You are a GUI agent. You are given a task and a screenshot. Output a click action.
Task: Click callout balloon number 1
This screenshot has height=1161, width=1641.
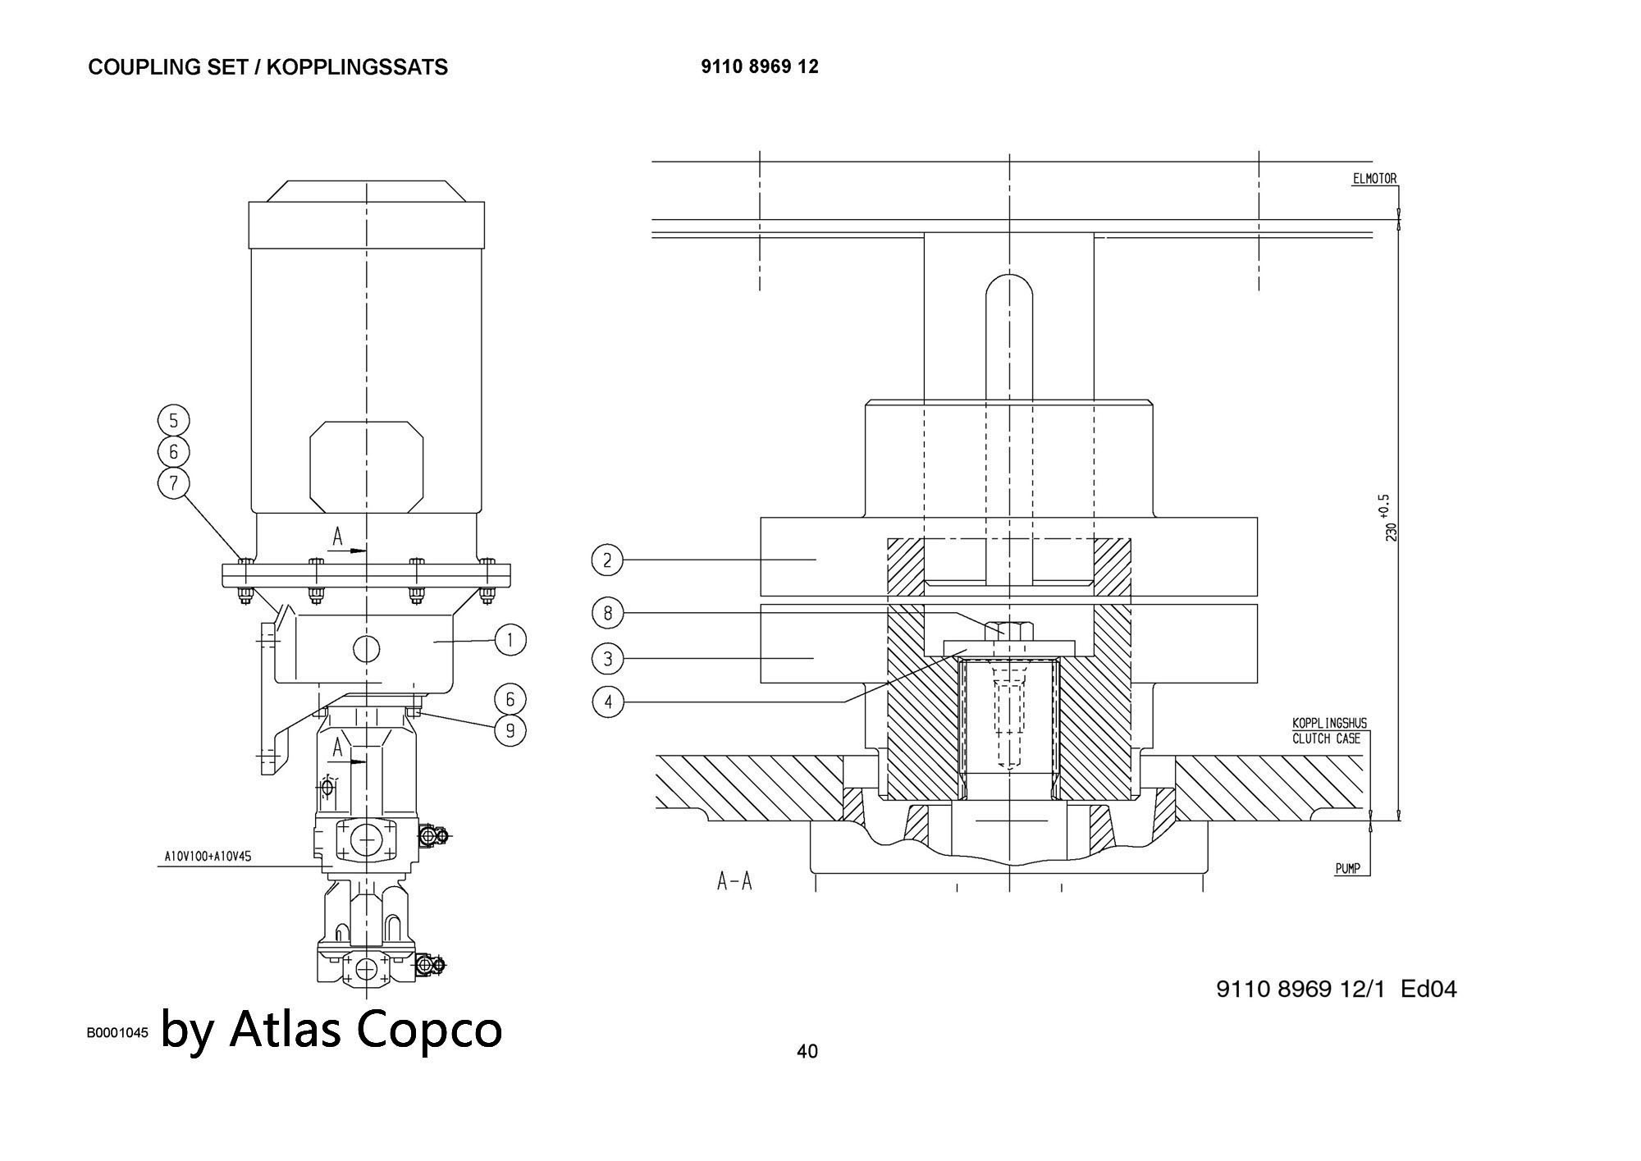pyautogui.click(x=510, y=640)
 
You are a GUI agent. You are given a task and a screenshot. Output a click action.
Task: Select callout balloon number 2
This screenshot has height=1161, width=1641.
pyautogui.click(x=607, y=560)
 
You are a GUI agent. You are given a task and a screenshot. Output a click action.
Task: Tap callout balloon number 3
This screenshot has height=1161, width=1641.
pyautogui.click(x=607, y=658)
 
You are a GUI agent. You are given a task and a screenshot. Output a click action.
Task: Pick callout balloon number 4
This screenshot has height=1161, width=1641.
pyautogui.click(x=607, y=702)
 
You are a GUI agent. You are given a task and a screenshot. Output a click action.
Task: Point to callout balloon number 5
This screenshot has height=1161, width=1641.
pyautogui.click(x=173, y=421)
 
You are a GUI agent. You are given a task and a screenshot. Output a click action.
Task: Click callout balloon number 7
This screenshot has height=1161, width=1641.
pyautogui.click(x=173, y=482)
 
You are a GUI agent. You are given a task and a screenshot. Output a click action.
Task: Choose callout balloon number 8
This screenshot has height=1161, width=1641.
pyautogui.click(x=607, y=613)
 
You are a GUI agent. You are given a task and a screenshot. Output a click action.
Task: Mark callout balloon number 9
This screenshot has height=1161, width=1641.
pyautogui.click(x=510, y=729)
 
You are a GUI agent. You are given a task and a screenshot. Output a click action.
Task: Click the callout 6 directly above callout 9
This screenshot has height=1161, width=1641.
pyautogui.click(x=510, y=699)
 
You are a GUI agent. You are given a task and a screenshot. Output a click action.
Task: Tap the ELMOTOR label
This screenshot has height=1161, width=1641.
pyautogui.click(x=1374, y=179)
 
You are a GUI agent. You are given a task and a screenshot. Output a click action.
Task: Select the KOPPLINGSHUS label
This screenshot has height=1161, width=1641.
pyautogui.click(x=1329, y=724)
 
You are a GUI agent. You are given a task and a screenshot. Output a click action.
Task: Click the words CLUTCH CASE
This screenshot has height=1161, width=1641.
pyautogui.click(x=1326, y=738)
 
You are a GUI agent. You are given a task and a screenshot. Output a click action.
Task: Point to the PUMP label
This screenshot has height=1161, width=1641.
pyautogui.click(x=1348, y=868)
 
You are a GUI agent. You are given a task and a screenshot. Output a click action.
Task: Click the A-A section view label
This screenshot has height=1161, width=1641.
pyautogui.click(x=734, y=882)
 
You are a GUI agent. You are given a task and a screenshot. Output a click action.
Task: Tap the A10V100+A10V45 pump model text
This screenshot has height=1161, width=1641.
pyautogui.click(x=208, y=857)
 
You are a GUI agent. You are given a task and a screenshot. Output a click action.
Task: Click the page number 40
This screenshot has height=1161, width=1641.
pyautogui.click(x=807, y=1051)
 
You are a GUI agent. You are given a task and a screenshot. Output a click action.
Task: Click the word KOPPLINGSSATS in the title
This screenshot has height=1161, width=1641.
pyautogui.click(x=357, y=67)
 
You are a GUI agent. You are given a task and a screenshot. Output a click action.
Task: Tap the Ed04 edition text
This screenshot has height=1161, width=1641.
pyautogui.click(x=1428, y=989)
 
